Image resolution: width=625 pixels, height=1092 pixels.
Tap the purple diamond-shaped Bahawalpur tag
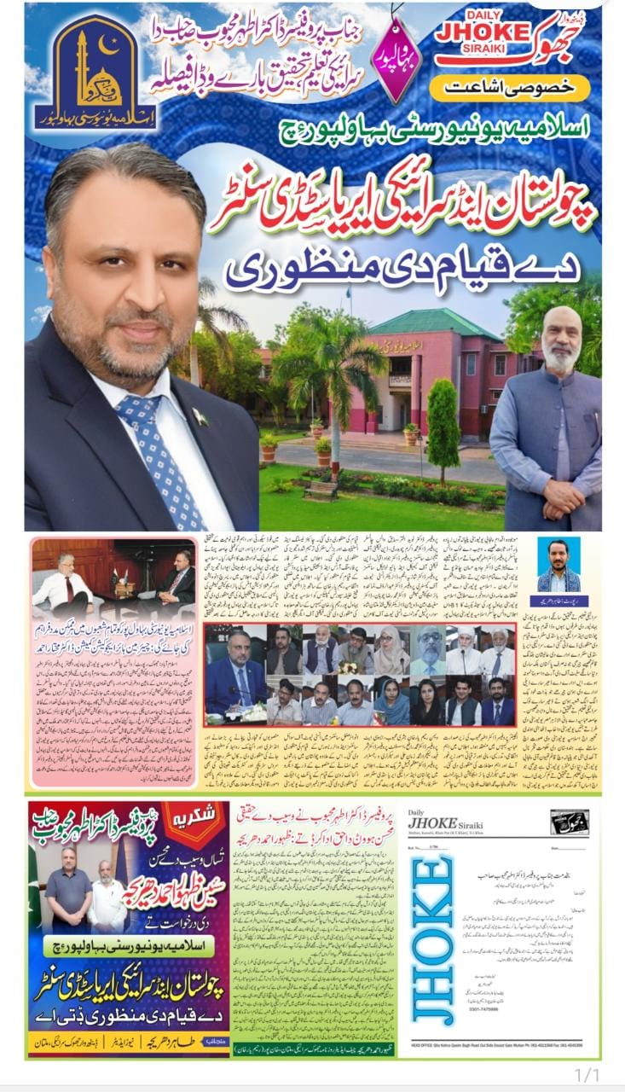pos(398,61)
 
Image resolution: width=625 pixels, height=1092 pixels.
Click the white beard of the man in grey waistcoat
pos(561,358)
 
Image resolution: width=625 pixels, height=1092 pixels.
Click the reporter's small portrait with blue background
pos(558,565)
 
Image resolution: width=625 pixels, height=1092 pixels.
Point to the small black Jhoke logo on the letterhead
pos(568,821)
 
